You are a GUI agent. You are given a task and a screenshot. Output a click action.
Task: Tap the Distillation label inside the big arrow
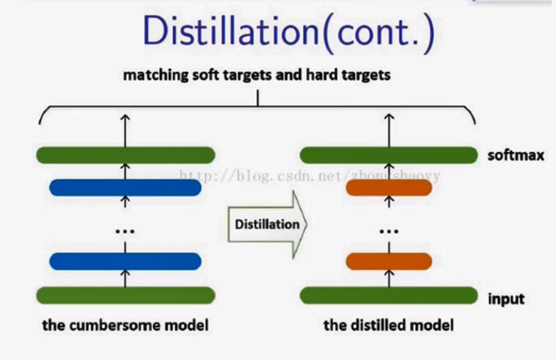tap(266, 225)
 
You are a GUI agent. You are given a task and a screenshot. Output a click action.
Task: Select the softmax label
tap(513, 156)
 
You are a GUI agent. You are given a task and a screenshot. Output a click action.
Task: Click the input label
tap(506, 299)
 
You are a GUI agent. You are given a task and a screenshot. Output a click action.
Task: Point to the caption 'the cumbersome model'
tap(126, 326)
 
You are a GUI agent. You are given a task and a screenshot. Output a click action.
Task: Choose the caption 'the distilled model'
tap(388, 326)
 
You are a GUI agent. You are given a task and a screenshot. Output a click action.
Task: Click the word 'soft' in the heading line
tap(205, 76)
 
